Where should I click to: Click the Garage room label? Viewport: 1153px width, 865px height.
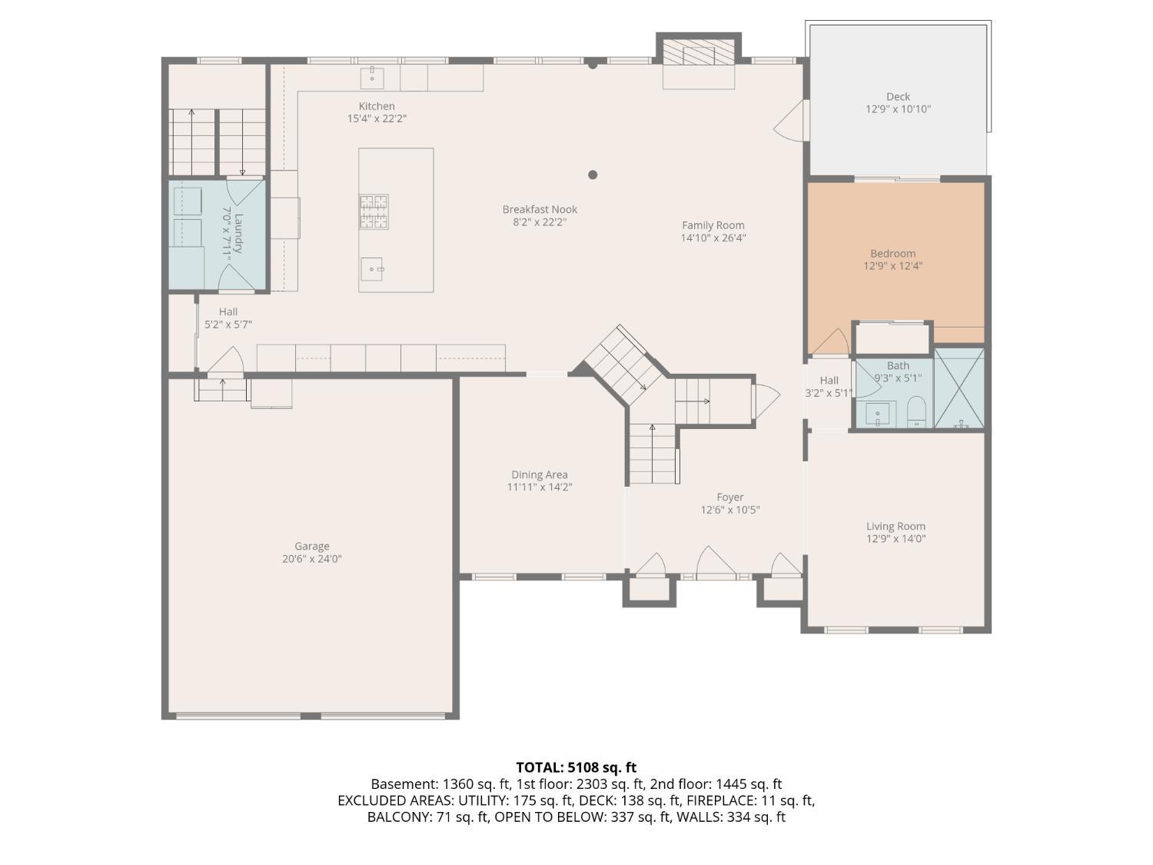click(x=311, y=546)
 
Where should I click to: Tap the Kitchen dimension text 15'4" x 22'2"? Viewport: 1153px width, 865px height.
click(x=377, y=119)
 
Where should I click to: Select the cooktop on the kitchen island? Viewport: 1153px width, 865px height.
click(x=374, y=211)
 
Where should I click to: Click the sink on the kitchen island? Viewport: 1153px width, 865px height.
click(x=372, y=268)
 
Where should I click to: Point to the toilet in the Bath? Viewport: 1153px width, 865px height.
click(x=916, y=411)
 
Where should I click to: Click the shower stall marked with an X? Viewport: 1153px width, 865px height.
click(x=959, y=388)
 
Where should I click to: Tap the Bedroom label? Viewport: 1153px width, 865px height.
click(x=892, y=254)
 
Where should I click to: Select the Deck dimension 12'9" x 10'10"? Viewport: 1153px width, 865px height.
click(x=898, y=109)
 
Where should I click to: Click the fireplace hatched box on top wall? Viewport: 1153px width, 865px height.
click(x=699, y=55)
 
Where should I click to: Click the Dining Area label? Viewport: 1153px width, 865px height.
click(x=539, y=474)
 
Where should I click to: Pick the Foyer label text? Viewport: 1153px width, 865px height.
click(x=729, y=497)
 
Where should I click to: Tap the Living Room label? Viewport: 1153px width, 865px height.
click(x=895, y=527)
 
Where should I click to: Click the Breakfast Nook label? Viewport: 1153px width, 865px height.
click(x=540, y=209)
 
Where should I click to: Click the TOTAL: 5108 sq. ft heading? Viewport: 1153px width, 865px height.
click(x=576, y=767)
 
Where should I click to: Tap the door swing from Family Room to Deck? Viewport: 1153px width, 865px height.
click(x=792, y=123)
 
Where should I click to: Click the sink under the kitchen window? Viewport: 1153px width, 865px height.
click(x=372, y=77)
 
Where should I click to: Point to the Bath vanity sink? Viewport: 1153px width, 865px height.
click(x=877, y=414)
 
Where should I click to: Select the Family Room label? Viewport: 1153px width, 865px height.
click(x=713, y=225)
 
